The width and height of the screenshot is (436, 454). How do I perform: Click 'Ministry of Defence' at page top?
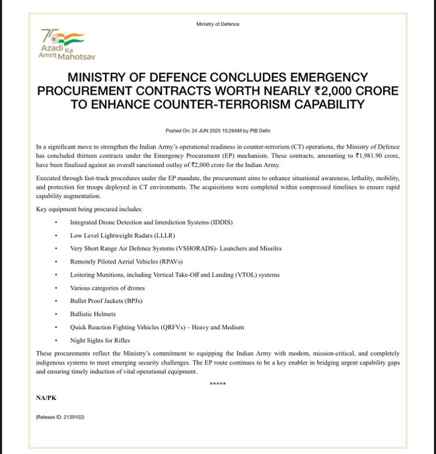pos(218,24)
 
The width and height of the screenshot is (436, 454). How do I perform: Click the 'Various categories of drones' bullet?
pos(107,288)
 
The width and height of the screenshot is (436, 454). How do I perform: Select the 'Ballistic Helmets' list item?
pos(93,314)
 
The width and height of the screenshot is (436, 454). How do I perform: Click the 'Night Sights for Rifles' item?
pos(100,340)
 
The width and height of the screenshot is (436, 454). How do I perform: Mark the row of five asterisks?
pos(218,384)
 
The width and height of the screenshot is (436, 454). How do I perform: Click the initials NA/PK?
pos(47,397)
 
